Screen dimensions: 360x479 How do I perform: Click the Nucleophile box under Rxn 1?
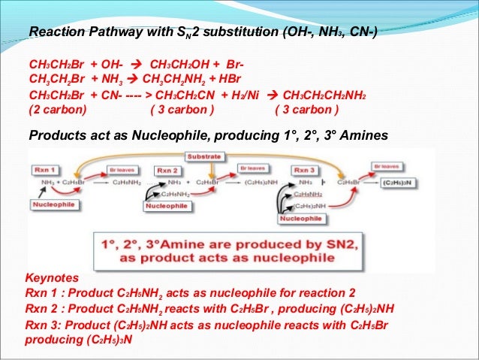pos(56,204)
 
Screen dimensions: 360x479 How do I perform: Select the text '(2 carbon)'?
pos(58,110)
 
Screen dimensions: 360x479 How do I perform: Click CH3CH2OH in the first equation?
pos(182,64)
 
